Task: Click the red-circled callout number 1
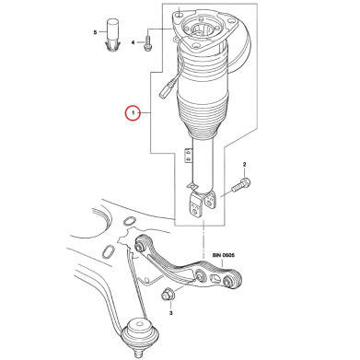point(133,113)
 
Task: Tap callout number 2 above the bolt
point(245,165)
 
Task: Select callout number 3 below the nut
point(171,313)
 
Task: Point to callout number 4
point(133,42)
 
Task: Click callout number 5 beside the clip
point(95,32)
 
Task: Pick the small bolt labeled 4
point(147,43)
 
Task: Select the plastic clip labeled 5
point(112,35)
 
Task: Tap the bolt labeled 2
point(241,185)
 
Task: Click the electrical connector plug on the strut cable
point(166,91)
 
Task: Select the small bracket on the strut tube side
point(187,156)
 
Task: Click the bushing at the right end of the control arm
point(233,279)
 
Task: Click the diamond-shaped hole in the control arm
point(215,279)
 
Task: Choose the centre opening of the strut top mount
point(200,29)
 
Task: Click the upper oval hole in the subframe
point(130,221)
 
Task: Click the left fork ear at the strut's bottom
point(196,204)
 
